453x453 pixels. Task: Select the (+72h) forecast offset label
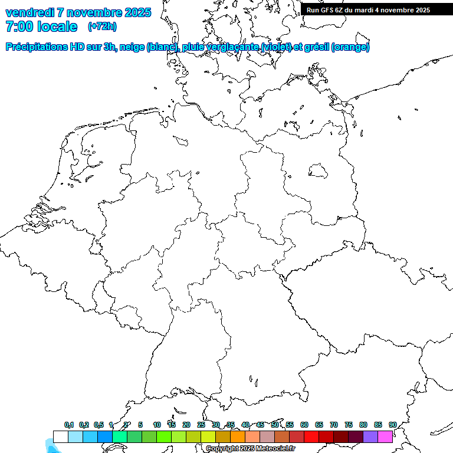102,27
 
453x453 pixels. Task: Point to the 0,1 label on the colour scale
69,425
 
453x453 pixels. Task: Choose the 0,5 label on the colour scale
99,425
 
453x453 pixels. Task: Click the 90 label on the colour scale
393,425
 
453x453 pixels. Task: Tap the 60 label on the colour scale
304,425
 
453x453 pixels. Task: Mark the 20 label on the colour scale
186,425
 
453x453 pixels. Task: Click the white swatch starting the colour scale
60,436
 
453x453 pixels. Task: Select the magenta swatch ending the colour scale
385,436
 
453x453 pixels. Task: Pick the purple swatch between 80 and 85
370,436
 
